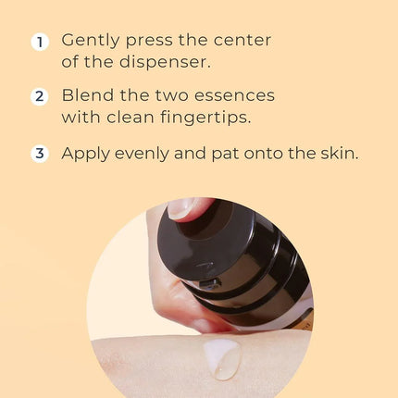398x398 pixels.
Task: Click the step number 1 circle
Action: [x=39, y=42]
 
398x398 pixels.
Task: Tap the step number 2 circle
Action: [x=39, y=97]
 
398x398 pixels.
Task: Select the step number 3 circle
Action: [x=39, y=154]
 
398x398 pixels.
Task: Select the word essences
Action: [x=235, y=96]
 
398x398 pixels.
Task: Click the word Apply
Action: [x=87, y=154]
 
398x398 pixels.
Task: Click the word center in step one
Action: [x=249, y=42]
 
